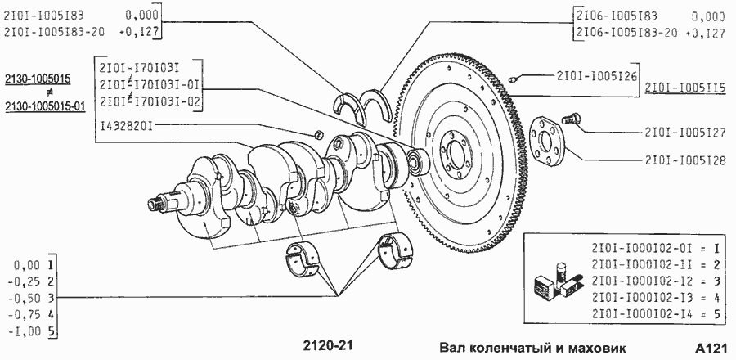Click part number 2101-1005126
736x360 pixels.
tap(596, 75)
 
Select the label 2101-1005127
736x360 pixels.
tap(684, 132)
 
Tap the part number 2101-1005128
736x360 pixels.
tap(684, 160)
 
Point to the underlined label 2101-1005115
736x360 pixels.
tap(685, 88)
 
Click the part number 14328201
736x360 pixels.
tap(126, 125)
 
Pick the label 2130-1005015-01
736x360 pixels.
tap(45, 107)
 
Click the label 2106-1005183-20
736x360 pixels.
tap(627, 33)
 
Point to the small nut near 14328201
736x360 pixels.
tap(318, 134)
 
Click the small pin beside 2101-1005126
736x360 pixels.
tap(514, 78)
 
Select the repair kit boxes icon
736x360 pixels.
tap(558, 281)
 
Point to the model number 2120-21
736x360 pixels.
tap(328, 346)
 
